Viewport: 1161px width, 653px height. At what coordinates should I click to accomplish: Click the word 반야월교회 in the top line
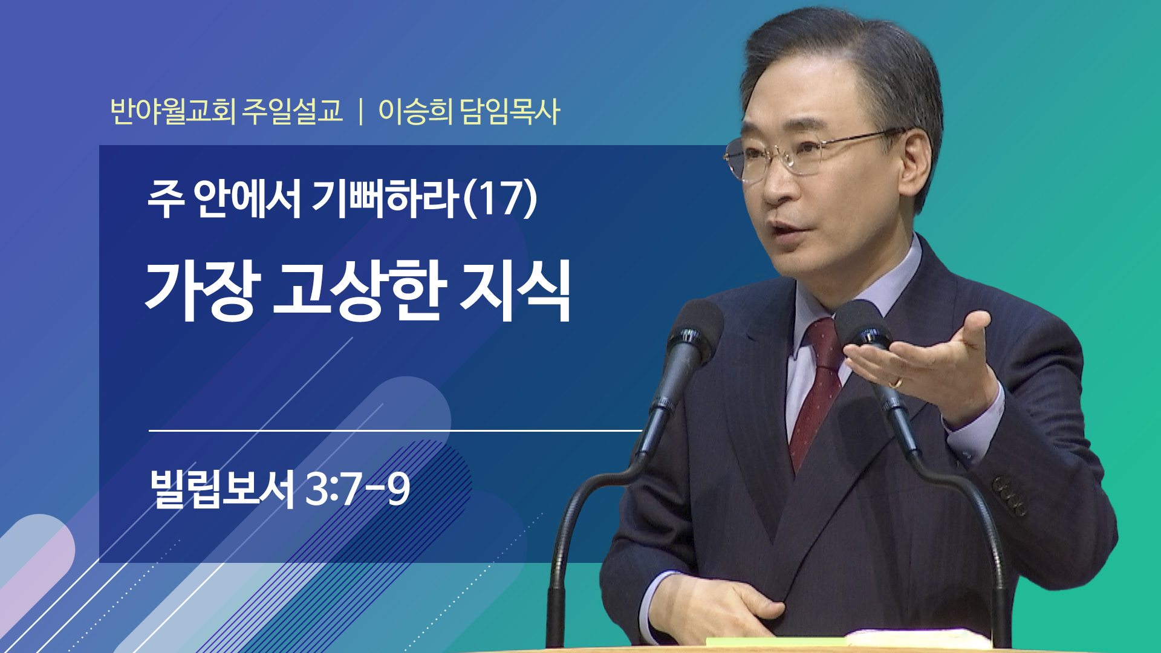(x=172, y=111)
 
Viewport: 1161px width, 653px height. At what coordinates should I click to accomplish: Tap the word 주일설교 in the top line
(x=293, y=111)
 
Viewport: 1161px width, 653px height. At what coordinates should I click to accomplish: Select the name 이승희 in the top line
(x=415, y=111)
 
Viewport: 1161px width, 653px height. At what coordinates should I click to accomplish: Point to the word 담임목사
(x=510, y=111)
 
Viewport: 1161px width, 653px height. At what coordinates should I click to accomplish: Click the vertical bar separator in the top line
(x=360, y=112)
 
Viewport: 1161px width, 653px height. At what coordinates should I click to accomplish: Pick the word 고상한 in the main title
(x=360, y=291)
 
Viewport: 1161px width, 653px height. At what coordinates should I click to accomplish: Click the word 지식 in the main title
(x=516, y=291)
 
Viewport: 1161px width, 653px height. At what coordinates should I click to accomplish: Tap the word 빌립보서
(x=223, y=489)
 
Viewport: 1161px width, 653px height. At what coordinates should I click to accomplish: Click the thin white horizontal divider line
(x=395, y=430)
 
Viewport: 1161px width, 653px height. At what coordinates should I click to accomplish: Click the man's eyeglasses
(x=810, y=154)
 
